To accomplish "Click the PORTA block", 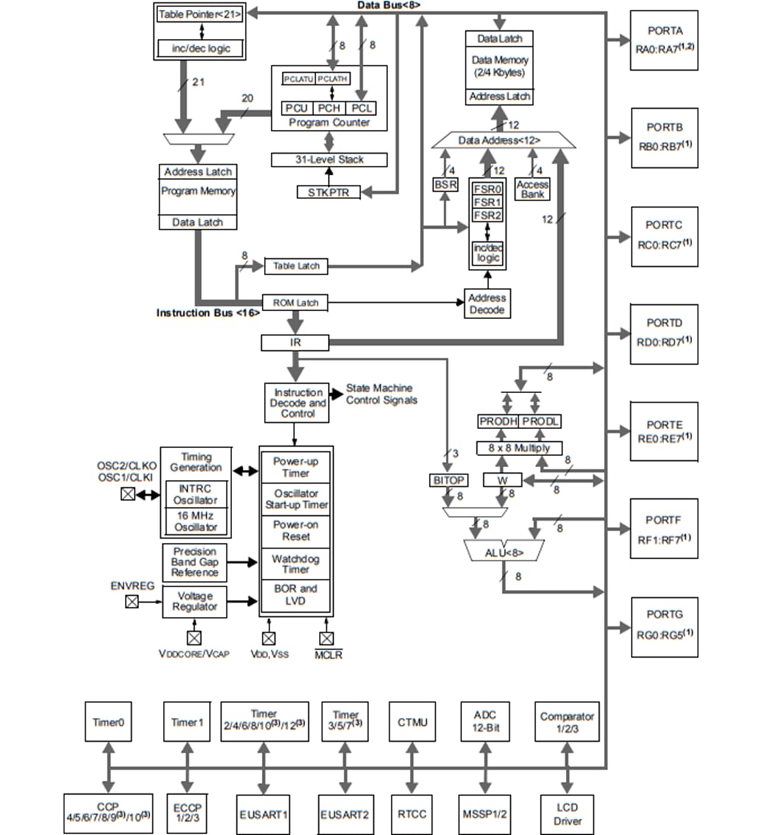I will [x=664, y=40].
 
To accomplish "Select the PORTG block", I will [x=664, y=627].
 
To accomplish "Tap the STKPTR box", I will [x=328, y=192].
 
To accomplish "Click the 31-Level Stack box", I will [x=329, y=160].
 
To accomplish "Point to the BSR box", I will [x=445, y=184].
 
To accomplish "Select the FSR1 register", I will [x=488, y=202].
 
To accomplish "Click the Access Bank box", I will [x=533, y=189].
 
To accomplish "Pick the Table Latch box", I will [x=296, y=266].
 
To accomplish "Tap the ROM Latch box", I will [x=296, y=303].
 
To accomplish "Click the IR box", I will [x=295, y=342].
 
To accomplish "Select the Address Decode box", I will [x=487, y=304].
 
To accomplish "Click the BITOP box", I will [x=448, y=480].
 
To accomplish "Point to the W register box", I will [x=502, y=480].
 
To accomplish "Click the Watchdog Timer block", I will [x=296, y=564].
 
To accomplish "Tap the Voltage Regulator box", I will [x=195, y=601].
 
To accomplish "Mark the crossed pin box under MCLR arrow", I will [x=326, y=639].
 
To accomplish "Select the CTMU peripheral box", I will [x=412, y=721].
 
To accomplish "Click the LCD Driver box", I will [x=567, y=814].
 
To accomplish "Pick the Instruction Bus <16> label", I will [x=207, y=313].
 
